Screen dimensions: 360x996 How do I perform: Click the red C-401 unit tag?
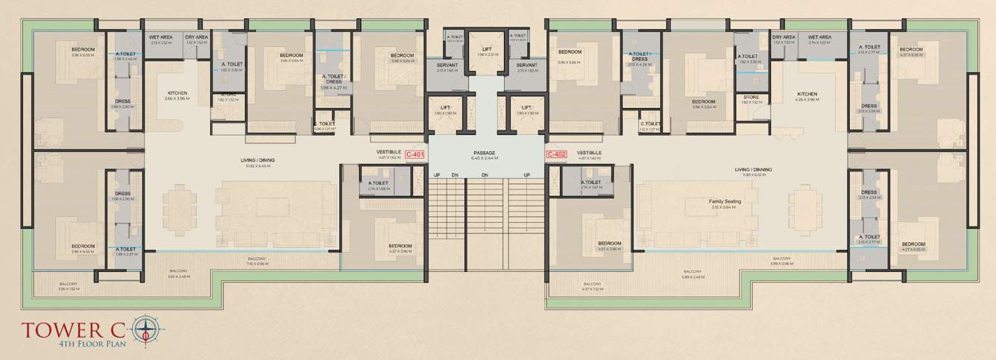click(x=415, y=155)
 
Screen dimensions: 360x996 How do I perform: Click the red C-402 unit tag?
click(x=557, y=155)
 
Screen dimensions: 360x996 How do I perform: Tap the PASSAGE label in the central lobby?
click(x=485, y=153)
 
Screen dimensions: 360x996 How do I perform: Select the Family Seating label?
click(x=724, y=201)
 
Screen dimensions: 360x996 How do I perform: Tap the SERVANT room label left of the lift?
click(x=447, y=66)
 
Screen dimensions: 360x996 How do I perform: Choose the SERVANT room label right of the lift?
click(x=526, y=66)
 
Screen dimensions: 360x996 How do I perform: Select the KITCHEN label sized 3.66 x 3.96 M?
click(x=177, y=94)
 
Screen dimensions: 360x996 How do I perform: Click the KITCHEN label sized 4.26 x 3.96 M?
click(x=807, y=94)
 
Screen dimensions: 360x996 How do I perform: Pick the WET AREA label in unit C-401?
click(x=161, y=37)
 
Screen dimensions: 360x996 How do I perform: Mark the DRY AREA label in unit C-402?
click(x=784, y=37)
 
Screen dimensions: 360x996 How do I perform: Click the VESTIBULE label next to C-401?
click(x=389, y=152)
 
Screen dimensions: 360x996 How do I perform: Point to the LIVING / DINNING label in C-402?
click(x=753, y=169)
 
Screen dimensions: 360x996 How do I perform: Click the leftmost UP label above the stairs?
click(x=438, y=174)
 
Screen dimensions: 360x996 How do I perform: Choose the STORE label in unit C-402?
click(x=751, y=97)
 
